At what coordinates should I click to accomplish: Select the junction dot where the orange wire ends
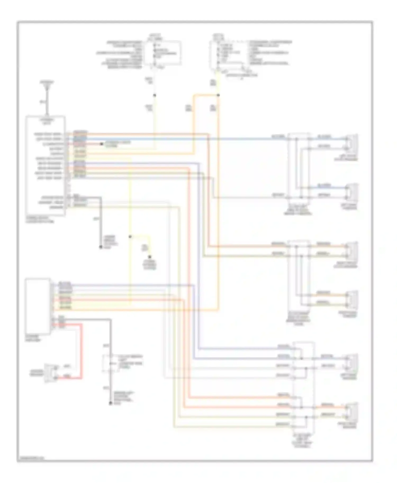[x=218, y=95]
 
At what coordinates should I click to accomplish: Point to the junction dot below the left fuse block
[x=155, y=95]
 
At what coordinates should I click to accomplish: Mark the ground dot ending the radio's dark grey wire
[x=101, y=247]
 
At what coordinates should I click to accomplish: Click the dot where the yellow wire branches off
[x=130, y=236]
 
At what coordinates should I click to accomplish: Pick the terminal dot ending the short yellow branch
[x=150, y=257]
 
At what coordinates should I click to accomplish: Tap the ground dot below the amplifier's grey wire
[x=110, y=403]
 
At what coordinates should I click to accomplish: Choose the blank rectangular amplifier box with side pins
[x=38, y=306]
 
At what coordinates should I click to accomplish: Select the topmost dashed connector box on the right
[x=299, y=166]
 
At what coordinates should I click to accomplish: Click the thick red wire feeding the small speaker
[x=82, y=351]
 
